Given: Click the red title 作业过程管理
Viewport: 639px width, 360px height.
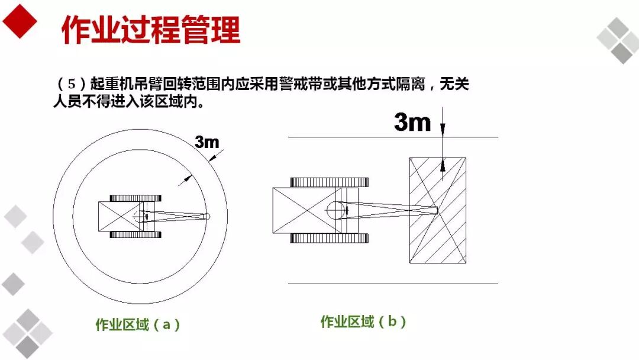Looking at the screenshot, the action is click(x=151, y=30).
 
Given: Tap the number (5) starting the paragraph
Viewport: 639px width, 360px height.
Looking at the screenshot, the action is click(x=72, y=84).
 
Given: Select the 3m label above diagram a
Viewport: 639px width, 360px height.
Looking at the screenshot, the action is click(x=206, y=142).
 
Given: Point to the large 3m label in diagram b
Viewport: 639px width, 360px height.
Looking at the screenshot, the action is click(x=412, y=121).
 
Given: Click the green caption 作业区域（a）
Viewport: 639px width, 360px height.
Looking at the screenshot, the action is click(x=138, y=324).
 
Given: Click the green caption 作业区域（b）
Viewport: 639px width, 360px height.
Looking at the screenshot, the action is click(x=363, y=322).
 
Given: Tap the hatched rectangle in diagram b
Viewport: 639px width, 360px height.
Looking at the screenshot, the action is click(x=438, y=210).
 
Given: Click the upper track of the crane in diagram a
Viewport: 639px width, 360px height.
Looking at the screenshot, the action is click(x=135, y=198).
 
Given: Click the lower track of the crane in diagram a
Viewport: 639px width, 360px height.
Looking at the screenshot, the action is click(x=135, y=235).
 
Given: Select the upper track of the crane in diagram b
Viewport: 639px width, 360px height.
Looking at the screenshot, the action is click(x=330, y=182).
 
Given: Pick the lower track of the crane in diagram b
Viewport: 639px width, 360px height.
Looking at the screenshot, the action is click(x=330, y=238).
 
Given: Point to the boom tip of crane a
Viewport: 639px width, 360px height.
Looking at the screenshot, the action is click(x=206, y=217).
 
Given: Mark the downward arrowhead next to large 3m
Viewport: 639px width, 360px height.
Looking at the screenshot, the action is click(x=443, y=130).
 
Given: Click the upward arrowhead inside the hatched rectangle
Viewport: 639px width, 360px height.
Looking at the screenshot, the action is click(x=443, y=165).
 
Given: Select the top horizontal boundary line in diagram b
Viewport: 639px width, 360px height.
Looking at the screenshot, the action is click(x=393, y=137).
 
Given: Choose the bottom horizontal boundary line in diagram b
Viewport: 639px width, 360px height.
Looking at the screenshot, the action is click(x=393, y=284).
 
